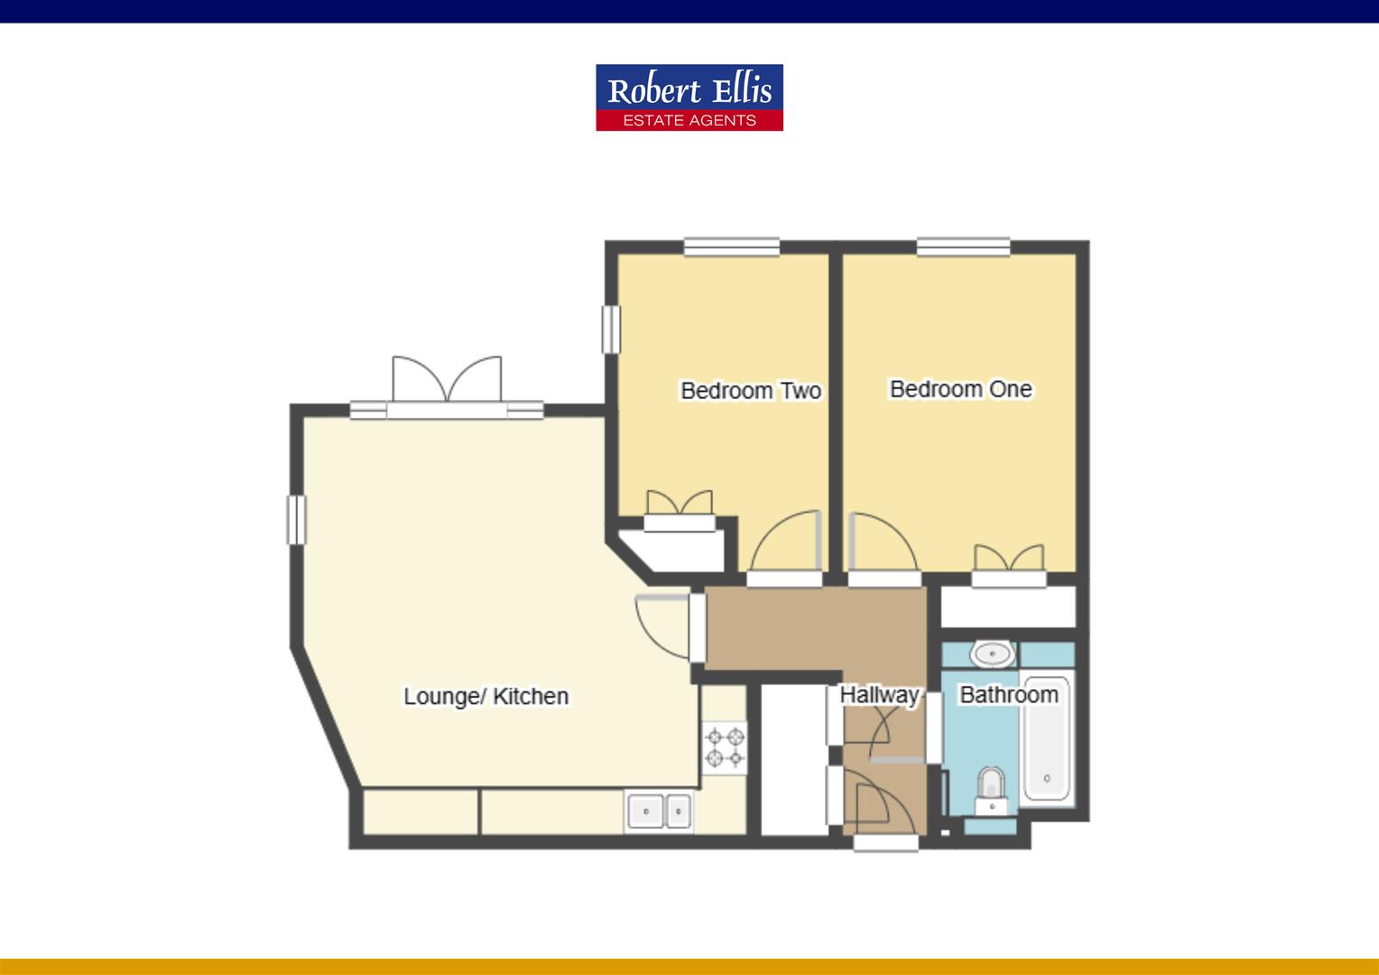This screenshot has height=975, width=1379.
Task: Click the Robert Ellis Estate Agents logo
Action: [689, 97]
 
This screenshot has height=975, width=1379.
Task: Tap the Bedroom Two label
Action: [750, 391]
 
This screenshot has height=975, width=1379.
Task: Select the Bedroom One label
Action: [960, 389]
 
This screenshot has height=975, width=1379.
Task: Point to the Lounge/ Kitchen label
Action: [486, 696]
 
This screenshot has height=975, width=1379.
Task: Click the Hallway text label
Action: [879, 694]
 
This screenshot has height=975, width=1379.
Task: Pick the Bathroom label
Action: [1008, 694]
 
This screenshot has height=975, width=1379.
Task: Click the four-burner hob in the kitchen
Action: [726, 747]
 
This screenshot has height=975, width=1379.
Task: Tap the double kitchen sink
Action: [659, 810]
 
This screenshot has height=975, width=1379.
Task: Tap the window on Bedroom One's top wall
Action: [963, 246]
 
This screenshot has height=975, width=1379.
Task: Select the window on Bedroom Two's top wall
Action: [731, 246]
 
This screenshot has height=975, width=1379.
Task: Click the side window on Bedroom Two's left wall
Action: [612, 330]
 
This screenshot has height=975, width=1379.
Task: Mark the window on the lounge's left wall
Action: [297, 520]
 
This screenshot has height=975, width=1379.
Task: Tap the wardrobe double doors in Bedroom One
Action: [1008, 560]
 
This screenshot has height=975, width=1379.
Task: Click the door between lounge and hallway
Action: [664, 625]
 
